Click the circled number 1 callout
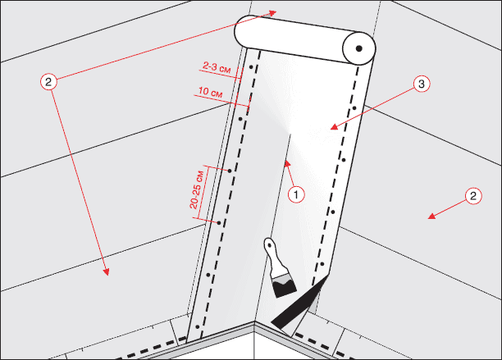click(x=296, y=194)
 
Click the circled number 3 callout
click(x=422, y=84)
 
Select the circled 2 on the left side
click(x=48, y=82)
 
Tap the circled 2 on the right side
click(x=473, y=196)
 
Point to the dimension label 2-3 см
click(x=217, y=67)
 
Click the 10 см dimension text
click(x=210, y=92)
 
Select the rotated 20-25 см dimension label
click(x=197, y=190)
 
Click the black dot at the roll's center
click(x=359, y=48)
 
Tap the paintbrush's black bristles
click(x=285, y=288)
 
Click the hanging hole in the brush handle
click(x=270, y=245)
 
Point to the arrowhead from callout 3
click(x=334, y=127)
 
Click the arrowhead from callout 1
click(x=287, y=163)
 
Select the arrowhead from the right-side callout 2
click(x=432, y=216)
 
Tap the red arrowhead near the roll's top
click(x=272, y=13)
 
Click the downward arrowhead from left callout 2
click(x=106, y=271)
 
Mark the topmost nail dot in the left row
click(x=251, y=67)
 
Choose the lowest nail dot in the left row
click(x=198, y=327)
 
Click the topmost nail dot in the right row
click(x=354, y=108)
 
